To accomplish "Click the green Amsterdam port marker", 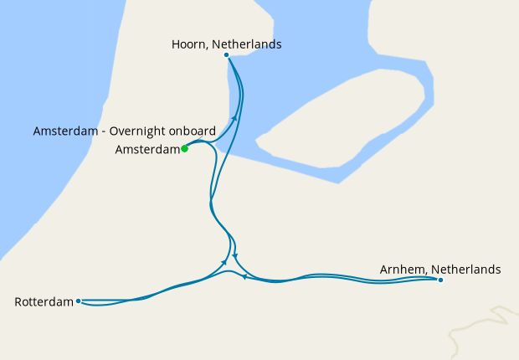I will [x=184, y=149].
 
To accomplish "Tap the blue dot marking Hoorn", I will [x=227, y=55].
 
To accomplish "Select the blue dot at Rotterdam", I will [x=78, y=301].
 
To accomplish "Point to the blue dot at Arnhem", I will [x=440, y=280].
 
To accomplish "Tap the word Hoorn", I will [x=188, y=44].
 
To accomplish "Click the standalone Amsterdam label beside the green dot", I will [x=147, y=150].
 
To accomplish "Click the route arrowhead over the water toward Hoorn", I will [x=235, y=120].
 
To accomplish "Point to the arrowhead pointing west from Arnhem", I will [x=244, y=276].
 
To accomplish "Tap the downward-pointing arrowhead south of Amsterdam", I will [x=236, y=256].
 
